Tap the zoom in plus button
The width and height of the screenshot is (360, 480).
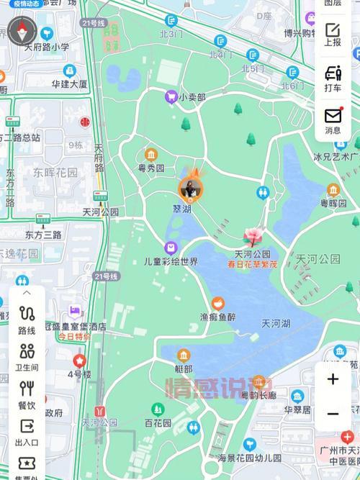333,379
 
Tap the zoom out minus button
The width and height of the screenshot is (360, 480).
333,414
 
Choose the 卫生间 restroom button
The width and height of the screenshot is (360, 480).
27,357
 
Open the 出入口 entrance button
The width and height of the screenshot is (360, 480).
27,431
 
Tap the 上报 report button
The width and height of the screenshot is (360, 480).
333,34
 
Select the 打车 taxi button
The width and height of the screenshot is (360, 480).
333,78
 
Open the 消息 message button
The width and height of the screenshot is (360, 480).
333,120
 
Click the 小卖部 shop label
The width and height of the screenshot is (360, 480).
192,96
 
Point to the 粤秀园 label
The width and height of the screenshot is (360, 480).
151,169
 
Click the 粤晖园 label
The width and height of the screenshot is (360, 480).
333,204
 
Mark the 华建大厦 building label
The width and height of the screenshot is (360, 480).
69,83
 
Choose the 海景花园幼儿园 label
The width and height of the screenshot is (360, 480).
248,458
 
